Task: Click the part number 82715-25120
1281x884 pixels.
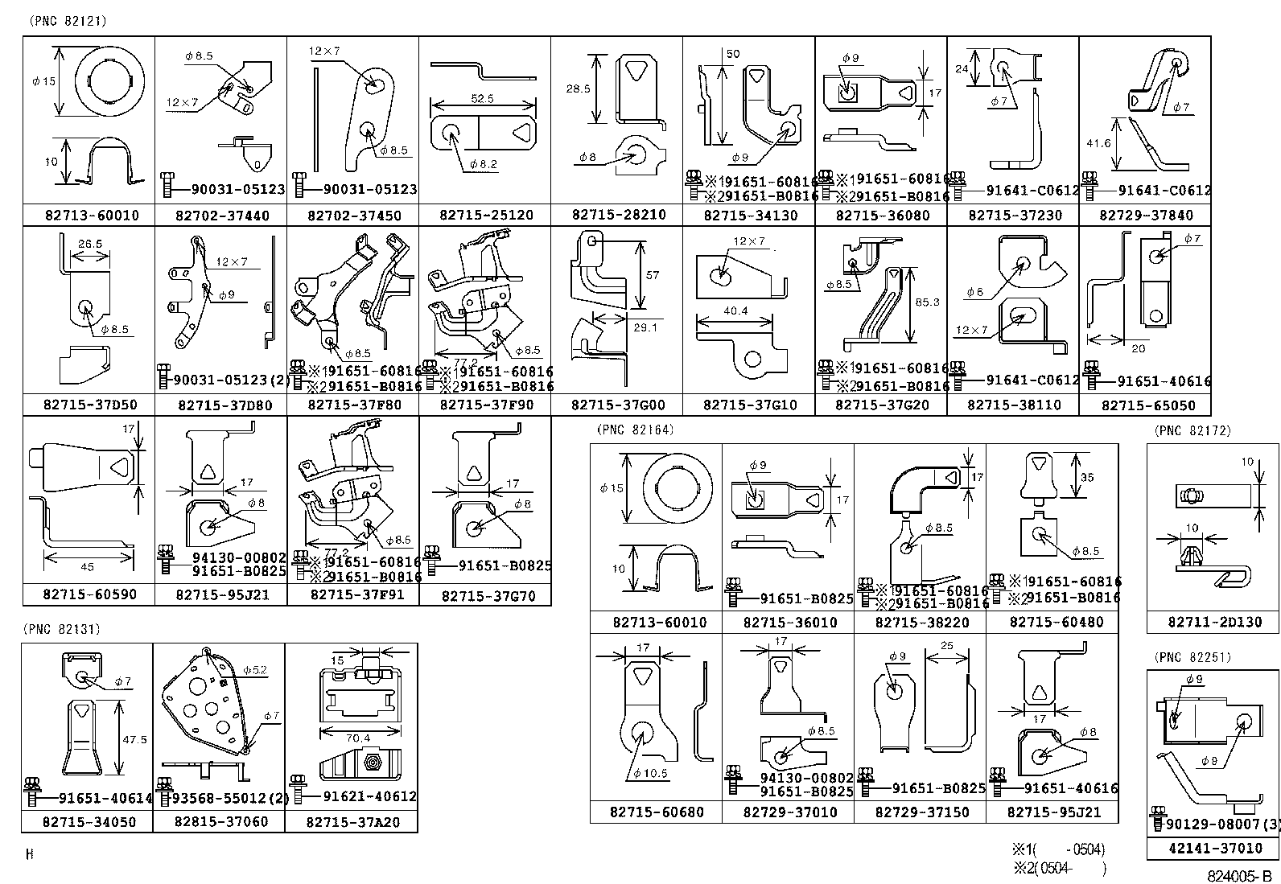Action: [485, 216]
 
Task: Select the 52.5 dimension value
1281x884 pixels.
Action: [483, 98]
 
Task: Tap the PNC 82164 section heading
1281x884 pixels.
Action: [635, 430]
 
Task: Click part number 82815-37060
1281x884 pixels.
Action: [219, 821]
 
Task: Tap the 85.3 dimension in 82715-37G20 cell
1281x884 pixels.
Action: [927, 302]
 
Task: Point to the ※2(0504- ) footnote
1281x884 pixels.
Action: [1059, 868]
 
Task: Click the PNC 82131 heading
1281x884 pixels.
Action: [62, 629]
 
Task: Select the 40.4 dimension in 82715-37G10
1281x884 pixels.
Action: [735, 311]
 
